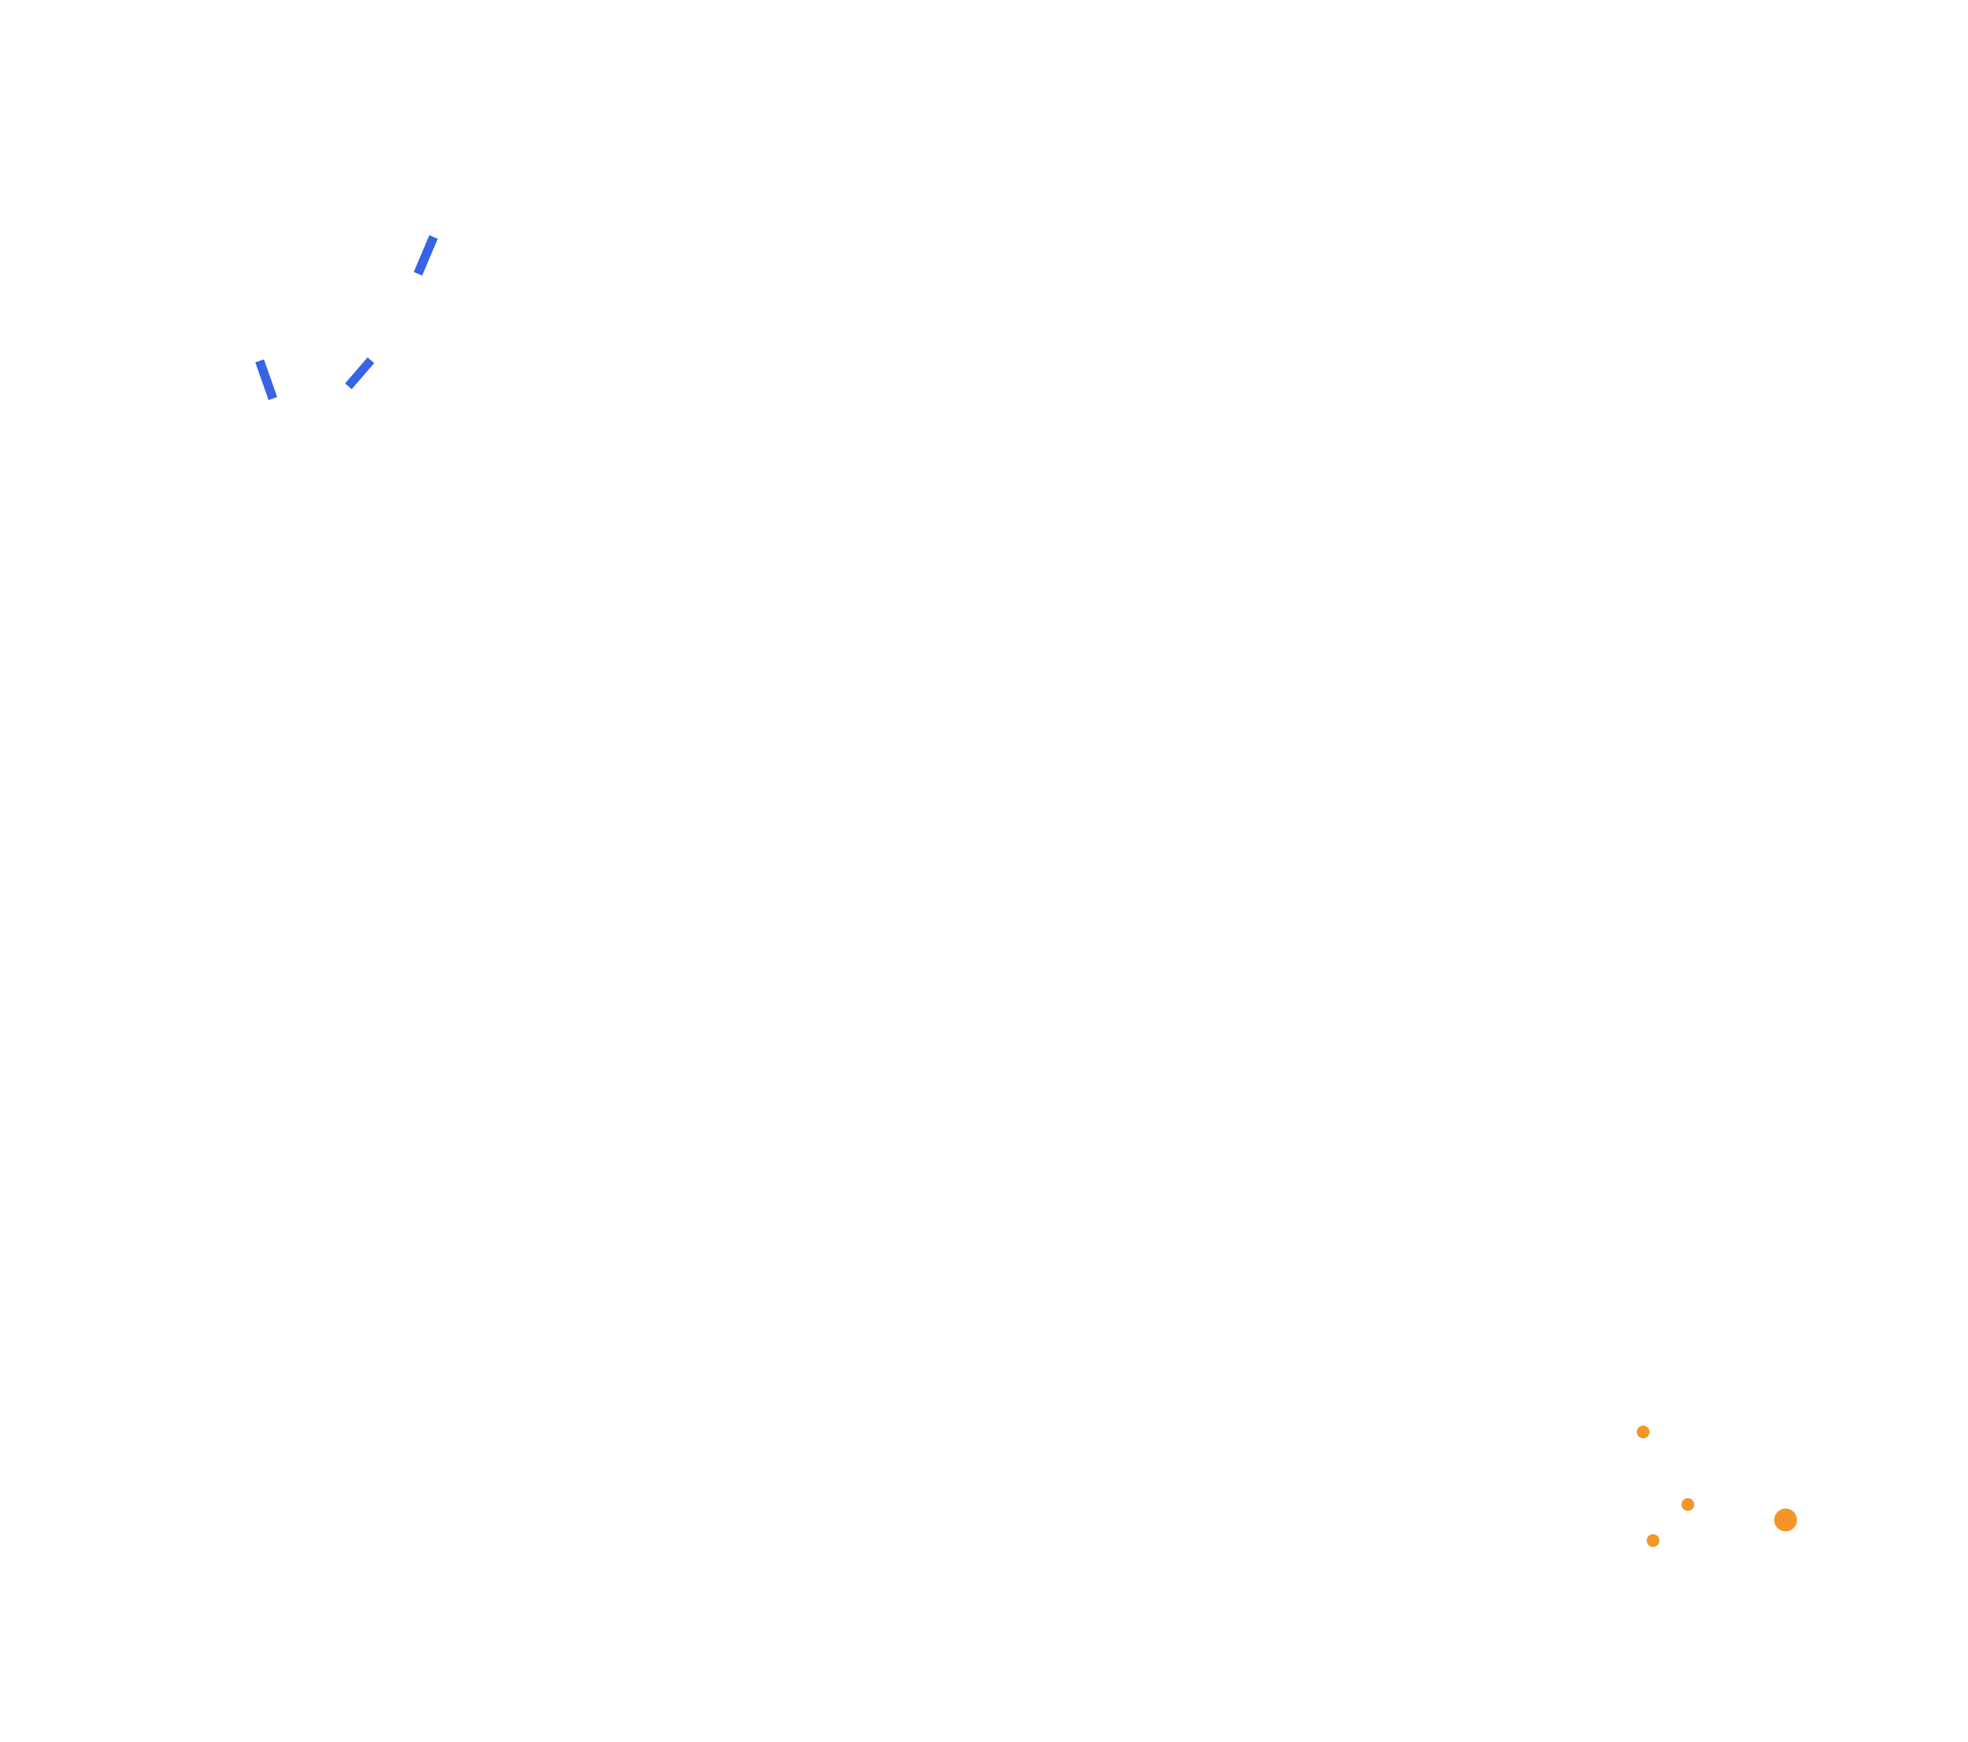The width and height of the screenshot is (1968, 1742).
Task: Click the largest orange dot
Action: [x=1785, y=1520]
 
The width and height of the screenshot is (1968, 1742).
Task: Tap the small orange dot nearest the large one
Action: [x=1687, y=1504]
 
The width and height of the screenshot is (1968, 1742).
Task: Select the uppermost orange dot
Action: [x=1643, y=1432]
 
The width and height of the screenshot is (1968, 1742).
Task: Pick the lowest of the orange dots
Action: [x=1652, y=1540]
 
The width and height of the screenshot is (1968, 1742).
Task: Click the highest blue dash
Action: [x=426, y=255]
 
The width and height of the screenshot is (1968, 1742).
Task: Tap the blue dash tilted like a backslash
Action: [x=266, y=380]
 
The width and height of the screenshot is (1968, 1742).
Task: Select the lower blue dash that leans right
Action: [x=359, y=372]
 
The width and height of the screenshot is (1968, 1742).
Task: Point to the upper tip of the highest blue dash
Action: [x=435, y=236]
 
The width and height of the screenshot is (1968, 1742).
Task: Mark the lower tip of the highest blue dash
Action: [x=417, y=274]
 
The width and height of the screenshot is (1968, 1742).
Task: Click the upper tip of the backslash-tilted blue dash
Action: [x=258, y=360]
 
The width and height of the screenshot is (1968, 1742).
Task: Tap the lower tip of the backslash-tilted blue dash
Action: [x=275, y=398]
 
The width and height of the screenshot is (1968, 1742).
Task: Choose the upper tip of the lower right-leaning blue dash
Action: [x=372, y=358]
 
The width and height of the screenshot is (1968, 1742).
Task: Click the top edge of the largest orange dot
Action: [x=1785, y=1507]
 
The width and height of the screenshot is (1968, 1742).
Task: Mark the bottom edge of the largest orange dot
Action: [x=1785, y=1533]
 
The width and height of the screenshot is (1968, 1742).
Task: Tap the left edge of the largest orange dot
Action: [x=1773, y=1520]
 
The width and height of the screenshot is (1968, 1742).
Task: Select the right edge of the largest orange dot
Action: [x=1799, y=1520]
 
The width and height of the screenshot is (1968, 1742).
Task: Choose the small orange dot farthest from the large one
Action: [x=1643, y=1432]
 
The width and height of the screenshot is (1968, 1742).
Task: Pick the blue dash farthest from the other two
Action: [x=426, y=255]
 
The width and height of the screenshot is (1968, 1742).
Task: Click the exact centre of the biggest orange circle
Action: [x=1785, y=1520]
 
